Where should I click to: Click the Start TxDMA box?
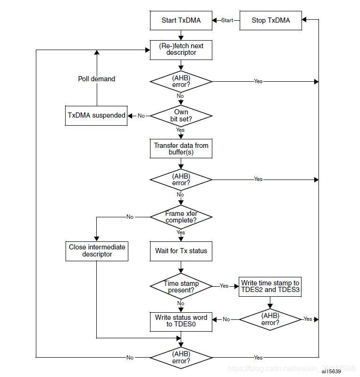pos(181,20)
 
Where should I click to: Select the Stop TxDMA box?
pos(270,20)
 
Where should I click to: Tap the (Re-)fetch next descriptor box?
pos(181,49)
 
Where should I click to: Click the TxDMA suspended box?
pos(96,115)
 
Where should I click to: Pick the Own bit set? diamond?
pos(181,116)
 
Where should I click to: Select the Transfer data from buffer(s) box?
pos(181,148)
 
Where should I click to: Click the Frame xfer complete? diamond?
pos(181,217)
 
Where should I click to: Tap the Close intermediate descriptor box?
pos(97,250)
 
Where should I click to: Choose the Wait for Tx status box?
pos(181,251)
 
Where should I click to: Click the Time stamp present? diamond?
pos(181,286)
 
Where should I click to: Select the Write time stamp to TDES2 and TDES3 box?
pos(270,286)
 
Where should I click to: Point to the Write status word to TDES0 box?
pos(181,321)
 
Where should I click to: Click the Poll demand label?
pos(96,79)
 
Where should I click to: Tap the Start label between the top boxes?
pos(227,20)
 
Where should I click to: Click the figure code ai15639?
pos(331,371)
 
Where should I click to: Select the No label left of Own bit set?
pos(141,116)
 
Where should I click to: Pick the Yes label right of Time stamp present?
pos(224,286)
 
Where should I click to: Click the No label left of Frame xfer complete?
pos(130,217)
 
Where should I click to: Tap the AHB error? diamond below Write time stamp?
pos(270,319)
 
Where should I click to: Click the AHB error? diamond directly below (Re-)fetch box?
pos(181,81)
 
